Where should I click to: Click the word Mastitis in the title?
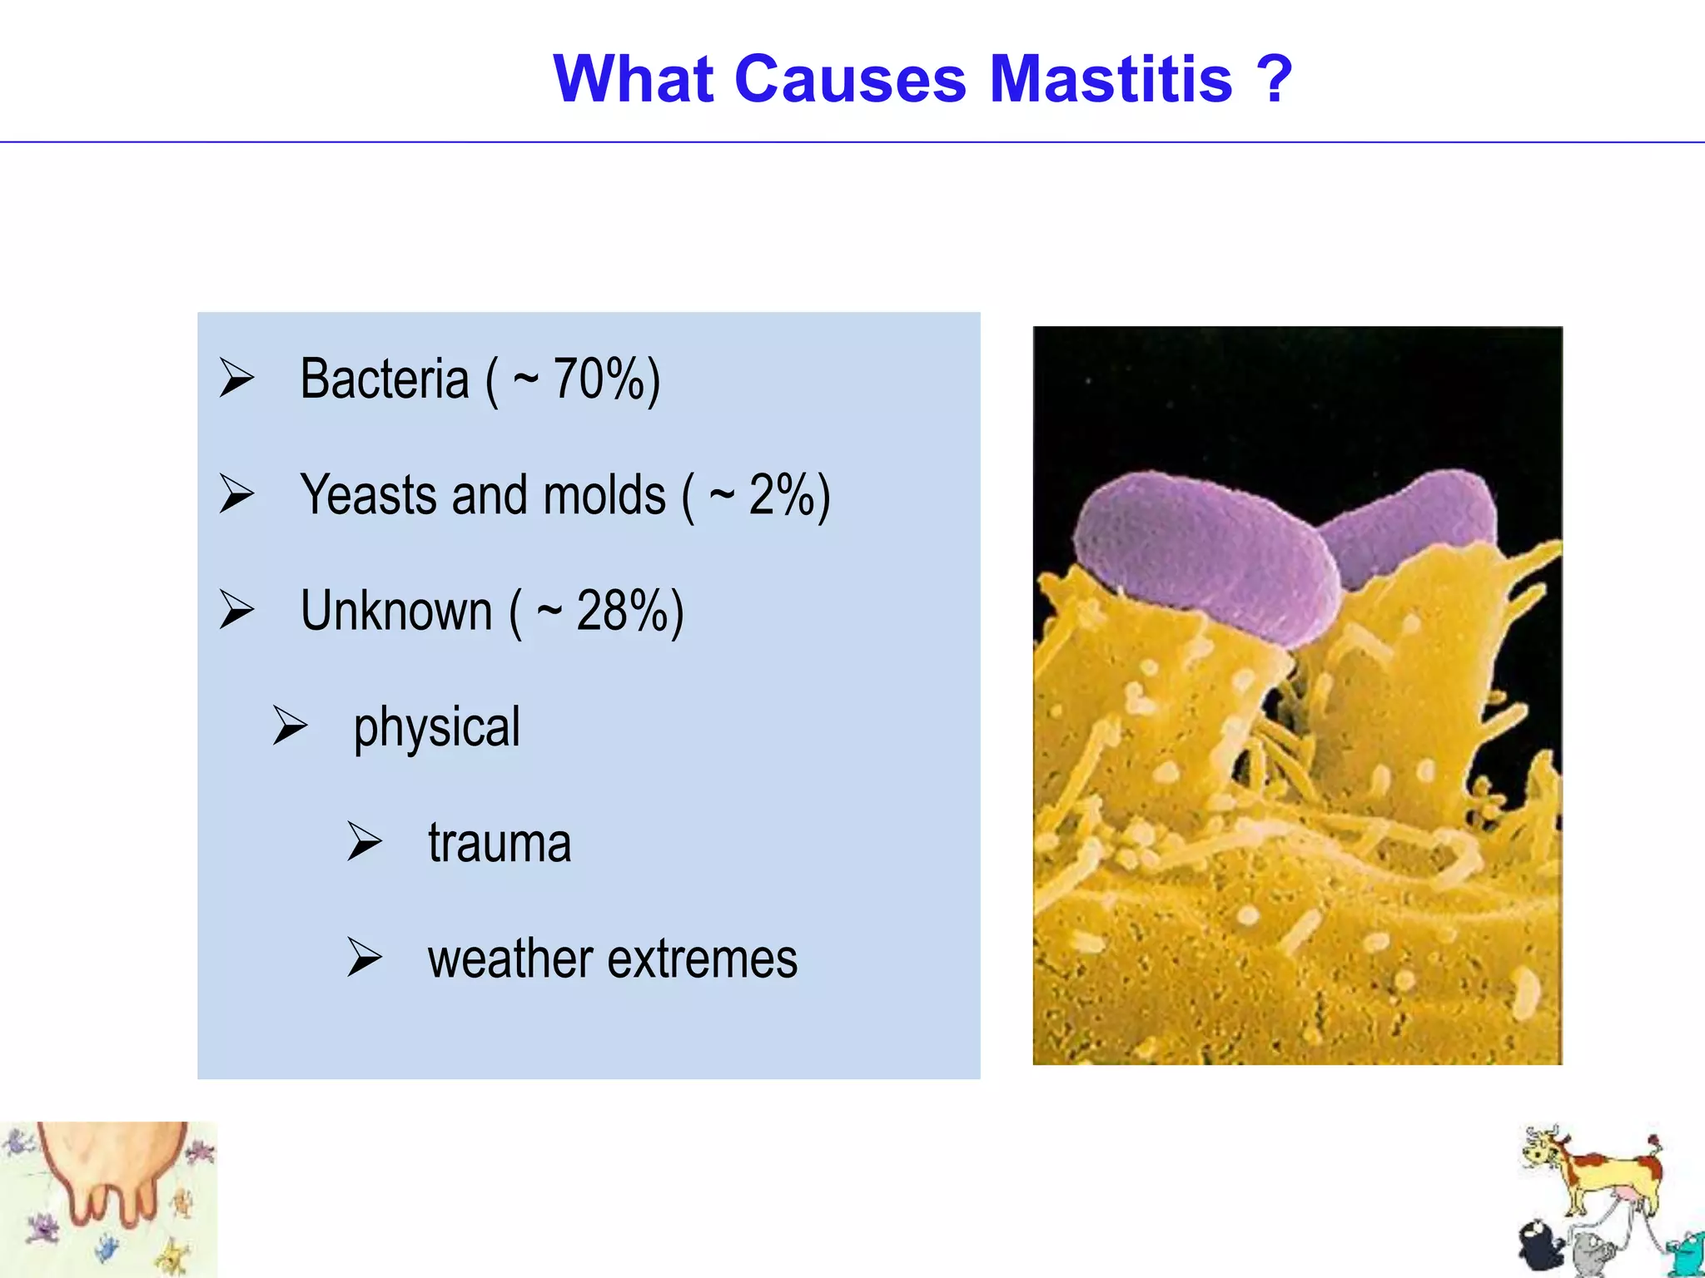click(x=1111, y=79)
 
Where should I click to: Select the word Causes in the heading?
click(x=849, y=79)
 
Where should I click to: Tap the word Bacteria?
click(x=385, y=379)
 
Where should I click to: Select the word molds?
click(x=604, y=495)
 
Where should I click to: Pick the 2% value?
click(x=783, y=495)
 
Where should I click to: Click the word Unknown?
click(x=396, y=611)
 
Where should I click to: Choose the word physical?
click(x=436, y=728)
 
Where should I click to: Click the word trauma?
click(x=500, y=843)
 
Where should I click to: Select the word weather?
click(x=510, y=958)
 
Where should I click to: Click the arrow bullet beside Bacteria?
click(x=236, y=379)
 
